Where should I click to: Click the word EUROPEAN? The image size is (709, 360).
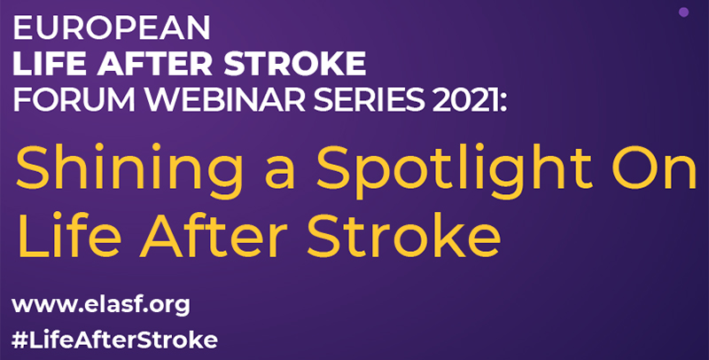[x=112, y=28]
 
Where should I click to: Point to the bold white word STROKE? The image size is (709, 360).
[x=295, y=64]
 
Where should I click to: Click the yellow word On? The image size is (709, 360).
[x=654, y=167]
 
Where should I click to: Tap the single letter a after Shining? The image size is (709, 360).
[x=280, y=173]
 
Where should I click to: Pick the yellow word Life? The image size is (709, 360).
[x=69, y=235]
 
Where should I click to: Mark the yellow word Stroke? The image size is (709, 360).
[x=404, y=235]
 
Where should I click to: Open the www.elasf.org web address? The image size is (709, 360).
[x=101, y=306]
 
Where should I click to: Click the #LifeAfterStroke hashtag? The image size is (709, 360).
[x=114, y=340]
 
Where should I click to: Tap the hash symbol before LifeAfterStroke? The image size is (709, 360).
[x=19, y=340]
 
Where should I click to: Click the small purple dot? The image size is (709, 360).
[x=683, y=12]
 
